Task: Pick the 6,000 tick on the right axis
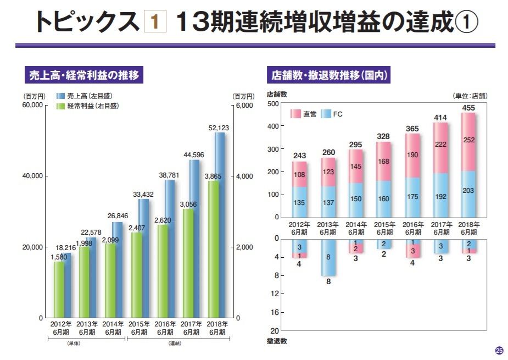(x=244, y=105)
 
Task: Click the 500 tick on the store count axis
(x=272, y=104)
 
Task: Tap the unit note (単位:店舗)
(x=470, y=96)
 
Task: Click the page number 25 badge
(x=499, y=350)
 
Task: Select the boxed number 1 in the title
(x=154, y=21)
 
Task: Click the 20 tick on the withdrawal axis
(x=275, y=331)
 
